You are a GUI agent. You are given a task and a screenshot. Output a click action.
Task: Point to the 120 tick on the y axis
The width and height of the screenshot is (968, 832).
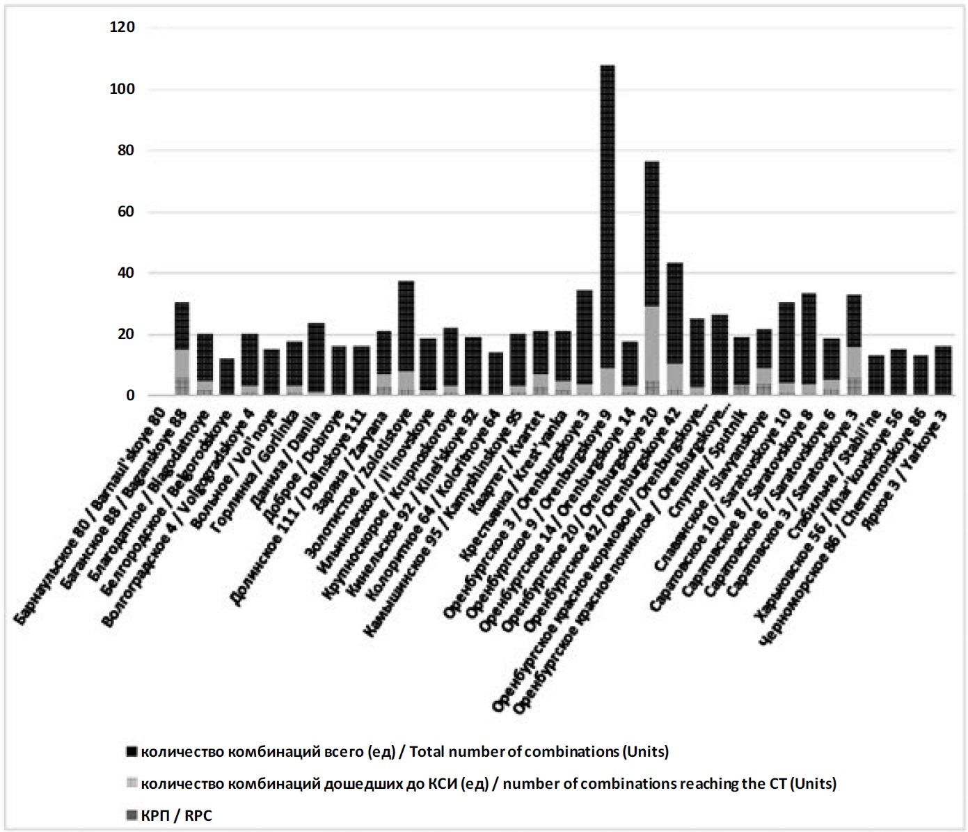122,28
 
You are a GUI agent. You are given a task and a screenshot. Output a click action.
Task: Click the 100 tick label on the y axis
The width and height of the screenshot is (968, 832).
122,89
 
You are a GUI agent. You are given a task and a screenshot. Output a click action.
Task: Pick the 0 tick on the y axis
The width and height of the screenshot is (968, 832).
130,395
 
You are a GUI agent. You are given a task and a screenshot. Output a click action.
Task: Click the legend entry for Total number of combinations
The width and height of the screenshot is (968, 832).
404,751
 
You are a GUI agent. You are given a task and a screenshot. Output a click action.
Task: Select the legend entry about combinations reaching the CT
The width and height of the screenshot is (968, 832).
487,783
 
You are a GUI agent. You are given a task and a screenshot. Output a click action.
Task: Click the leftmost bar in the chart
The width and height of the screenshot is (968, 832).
182,348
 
